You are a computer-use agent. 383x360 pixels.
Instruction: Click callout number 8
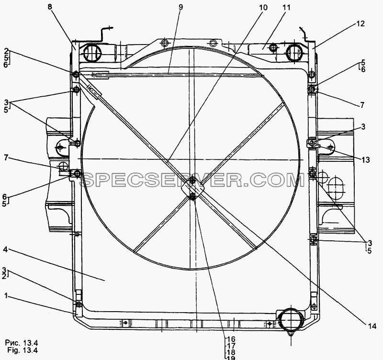[x=50, y=7]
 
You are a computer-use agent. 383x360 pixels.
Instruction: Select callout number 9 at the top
[x=180, y=7]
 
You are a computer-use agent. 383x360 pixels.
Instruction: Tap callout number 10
[x=263, y=8]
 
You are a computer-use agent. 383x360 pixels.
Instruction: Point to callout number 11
[x=286, y=8]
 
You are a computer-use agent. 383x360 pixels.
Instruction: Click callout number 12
[x=360, y=23]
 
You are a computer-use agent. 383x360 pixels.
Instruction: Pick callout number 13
[x=365, y=160]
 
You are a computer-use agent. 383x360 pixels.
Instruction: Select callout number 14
[x=372, y=326]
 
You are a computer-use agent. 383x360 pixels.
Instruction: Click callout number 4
[x=6, y=250]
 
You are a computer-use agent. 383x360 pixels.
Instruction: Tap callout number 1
[x=6, y=296]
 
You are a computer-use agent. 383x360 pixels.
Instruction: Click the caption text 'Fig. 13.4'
[x=23, y=350]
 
